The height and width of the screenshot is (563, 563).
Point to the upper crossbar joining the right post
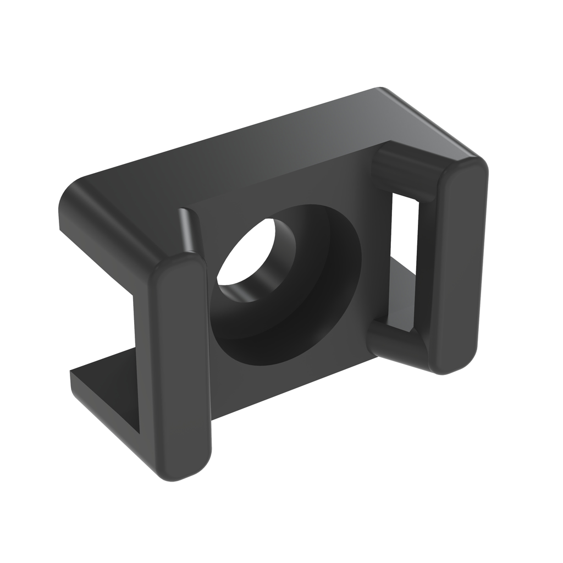click(407, 170)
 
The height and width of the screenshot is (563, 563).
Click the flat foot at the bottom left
click(104, 385)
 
